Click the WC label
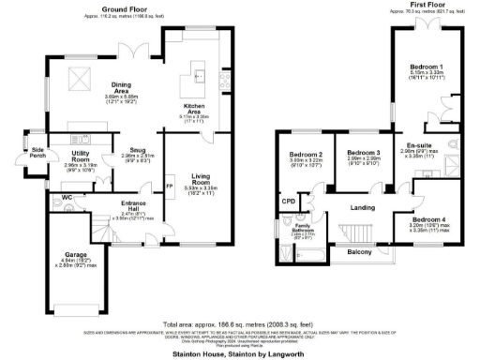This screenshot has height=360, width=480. tap(67, 197)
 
